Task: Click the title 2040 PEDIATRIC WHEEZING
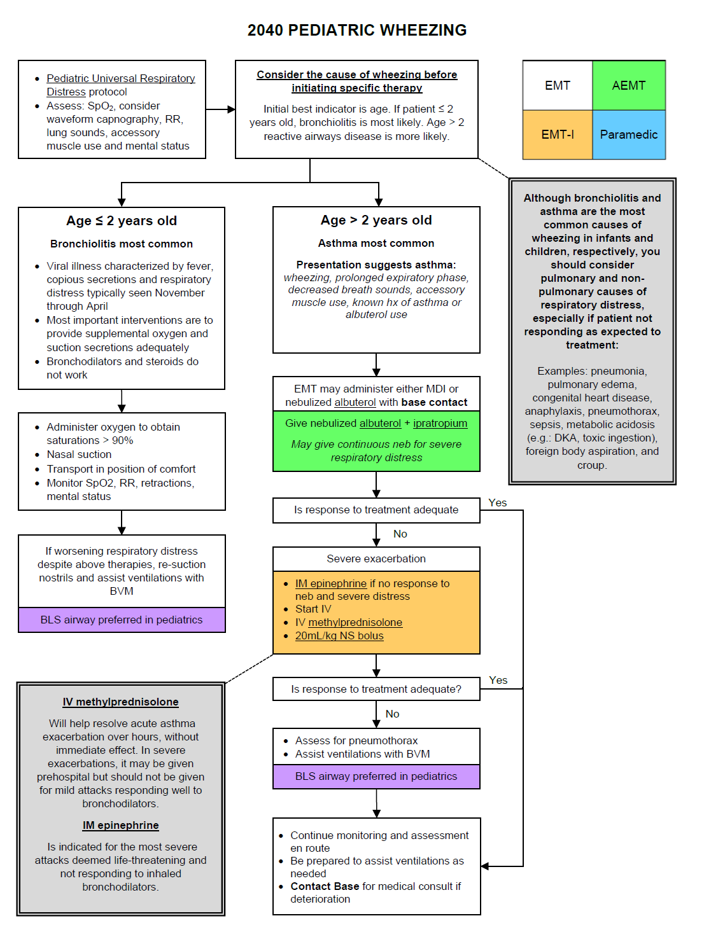pyautogui.click(x=356, y=31)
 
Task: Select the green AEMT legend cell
pyautogui.click(x=628, y=86)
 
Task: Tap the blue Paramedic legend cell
pyautogui.click(x=628, y=135)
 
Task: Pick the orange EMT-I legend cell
pyautogui.click(x=558, y=135)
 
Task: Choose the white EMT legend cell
pyautogui.click(x=558, y=86)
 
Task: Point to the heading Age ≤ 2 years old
pyautogui.click(x=122, y=221)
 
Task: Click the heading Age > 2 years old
pyautogui.click(x=376, y=220)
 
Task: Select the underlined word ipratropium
pyautogui.click(x=440, y=424)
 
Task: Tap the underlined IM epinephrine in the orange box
pyautogui.click(x=330, y=583)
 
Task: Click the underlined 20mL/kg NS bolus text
pyautogui.click(x=339, y=636)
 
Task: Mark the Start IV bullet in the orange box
pyautogui.click(x=313, y=609)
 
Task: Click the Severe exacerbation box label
pyautogui.click(x=376, y=559)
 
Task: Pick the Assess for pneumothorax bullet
pyautogui.click(x=356, y=741)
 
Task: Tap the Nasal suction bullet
pyautogui.click(x=79, y=455)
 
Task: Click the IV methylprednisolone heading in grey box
pyautogui.click(x=120, y=702)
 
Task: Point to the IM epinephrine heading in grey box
pyautogui.click(x=120, y=826)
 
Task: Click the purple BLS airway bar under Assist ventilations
pyautogui.click(x=376, y=777)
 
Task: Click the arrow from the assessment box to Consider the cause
pyautogui.click(x=220, y=109)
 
